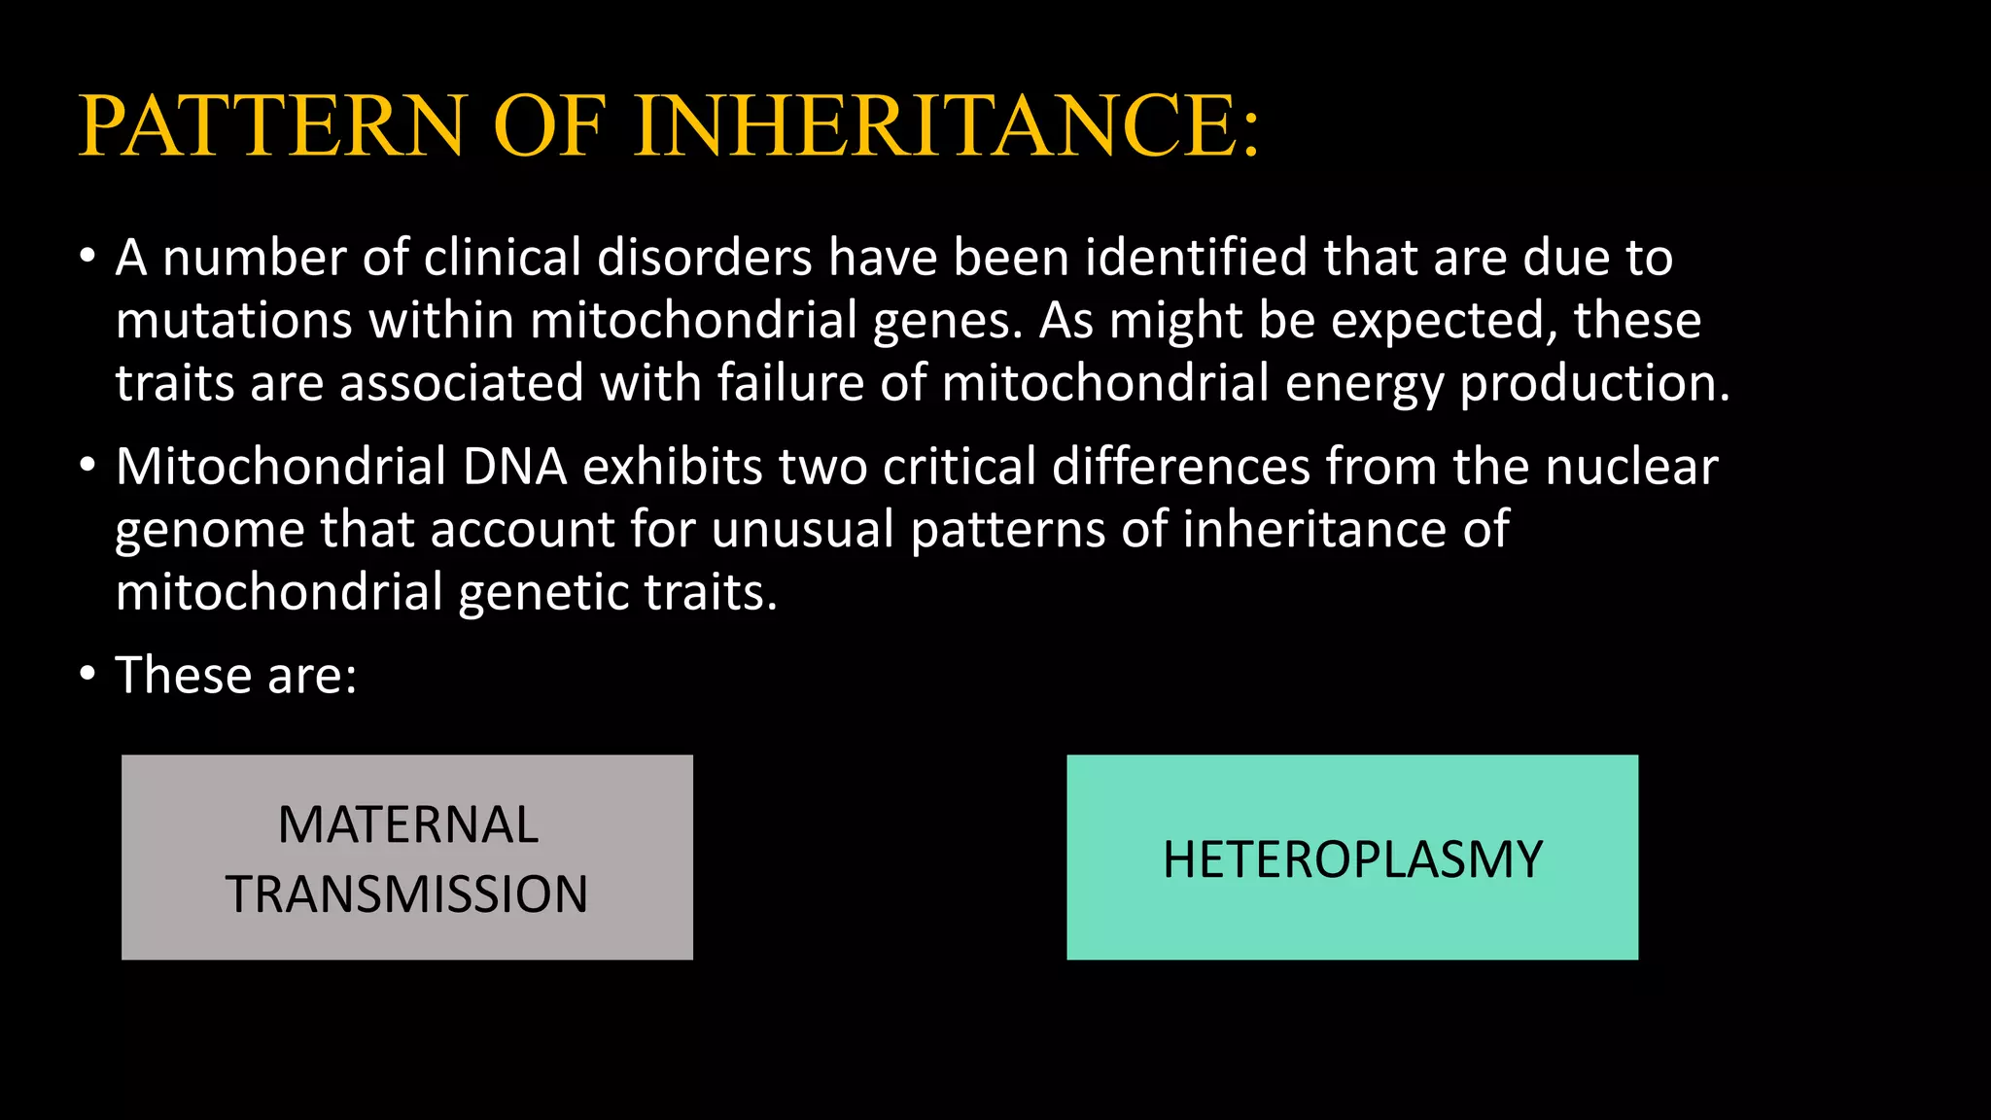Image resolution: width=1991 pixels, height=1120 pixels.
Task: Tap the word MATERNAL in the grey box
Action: pyautogui.click(x=407, y=824)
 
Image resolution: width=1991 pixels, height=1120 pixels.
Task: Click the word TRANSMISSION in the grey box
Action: pyautogui.click(x=407, y=894)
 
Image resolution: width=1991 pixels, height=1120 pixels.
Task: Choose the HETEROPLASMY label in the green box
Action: pyautogui.click(x=1352, y=859)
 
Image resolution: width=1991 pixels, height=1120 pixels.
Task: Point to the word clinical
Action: pyautogui.click(x=502, y=258)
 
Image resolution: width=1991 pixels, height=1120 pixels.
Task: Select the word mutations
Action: pyautogui.click(x=233, y=321)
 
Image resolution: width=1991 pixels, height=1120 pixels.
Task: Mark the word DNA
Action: pyautogui.click(x=514, y=467)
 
